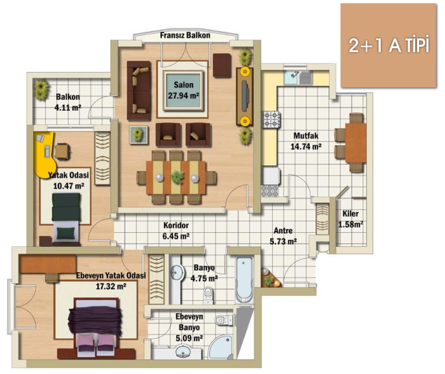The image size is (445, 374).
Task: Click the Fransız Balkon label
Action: tap(185, 36)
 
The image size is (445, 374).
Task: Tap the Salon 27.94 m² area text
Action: tap(184, 90)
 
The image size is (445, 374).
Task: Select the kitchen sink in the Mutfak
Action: tap(298, 78)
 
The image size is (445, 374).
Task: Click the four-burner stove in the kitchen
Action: tap(271, 120)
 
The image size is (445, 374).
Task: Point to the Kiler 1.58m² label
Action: tap(350, 219)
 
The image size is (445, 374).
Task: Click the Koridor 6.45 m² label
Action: tap(176, 231)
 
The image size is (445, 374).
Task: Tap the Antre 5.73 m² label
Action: tap(284, 236)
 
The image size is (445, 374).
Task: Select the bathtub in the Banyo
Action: tap(244, 280)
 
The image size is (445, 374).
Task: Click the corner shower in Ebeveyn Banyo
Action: tap(221, 347)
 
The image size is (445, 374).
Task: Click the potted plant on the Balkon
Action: tap(41, 89)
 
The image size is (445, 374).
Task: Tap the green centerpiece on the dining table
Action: tap(177, 177)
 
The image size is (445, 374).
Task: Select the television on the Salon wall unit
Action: tap(245, 95)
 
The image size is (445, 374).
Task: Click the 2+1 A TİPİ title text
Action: tap(388, 45)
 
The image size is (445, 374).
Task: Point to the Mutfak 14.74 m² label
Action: tap(306, 141)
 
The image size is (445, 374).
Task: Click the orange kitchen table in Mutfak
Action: tap(355, 143)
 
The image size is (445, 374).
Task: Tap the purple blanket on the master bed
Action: tap(95, 321)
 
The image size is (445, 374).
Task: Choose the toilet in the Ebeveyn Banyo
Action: tap(224, 321)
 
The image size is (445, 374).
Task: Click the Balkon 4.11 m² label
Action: tap(68, 102)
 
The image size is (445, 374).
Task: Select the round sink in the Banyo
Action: tap(177, 273)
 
